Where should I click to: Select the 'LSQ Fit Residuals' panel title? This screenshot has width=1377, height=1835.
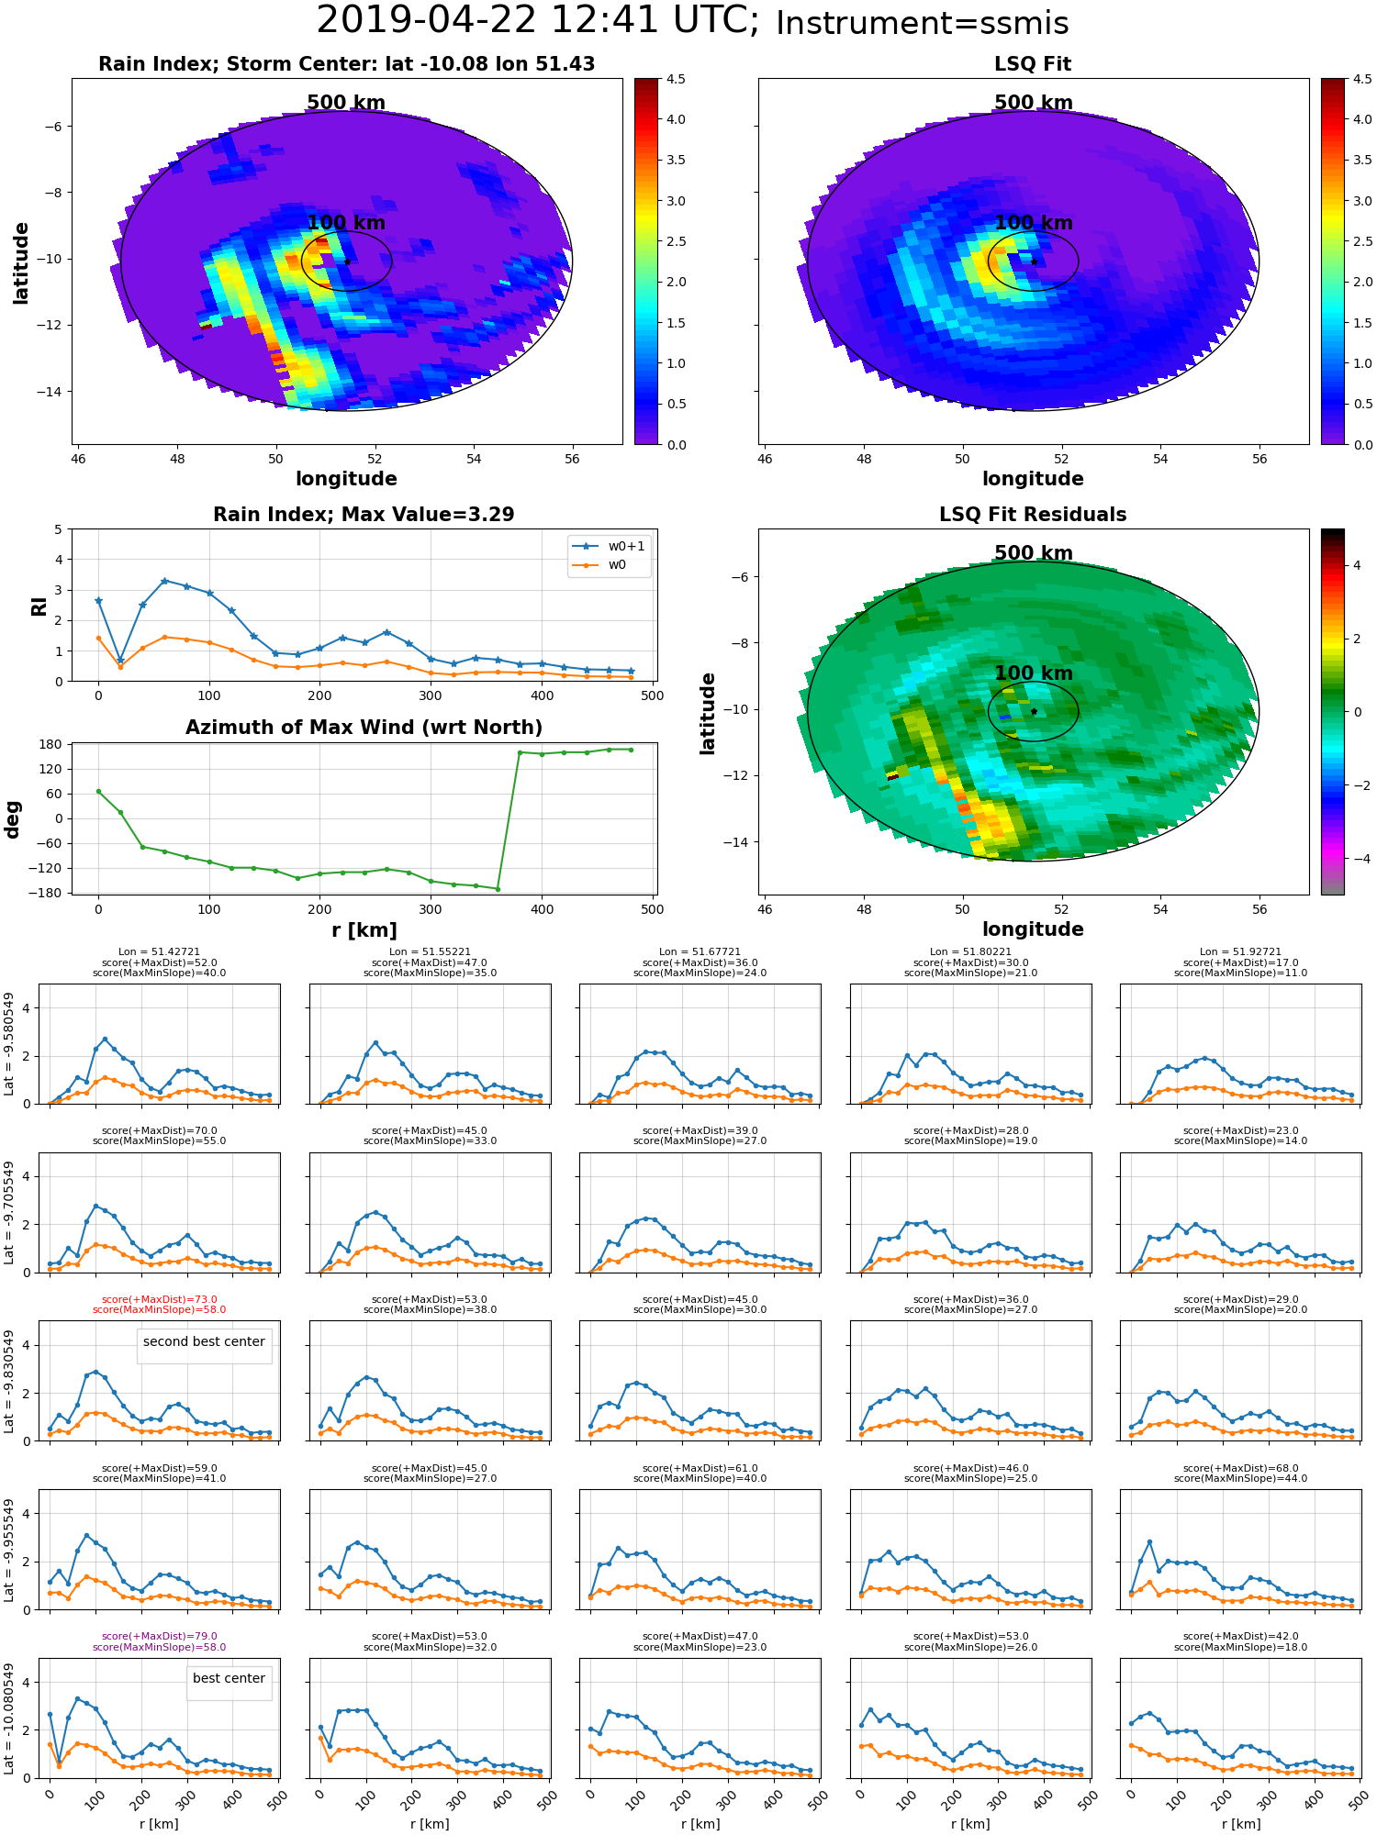coord(1033,515)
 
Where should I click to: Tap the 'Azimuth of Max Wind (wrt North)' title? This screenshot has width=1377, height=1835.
coord(364,728)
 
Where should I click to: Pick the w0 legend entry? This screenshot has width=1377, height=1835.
coord(617,565)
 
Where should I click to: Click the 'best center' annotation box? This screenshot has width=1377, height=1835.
coord(229,1678)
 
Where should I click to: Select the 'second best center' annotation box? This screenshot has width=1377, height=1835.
coord(204,1341)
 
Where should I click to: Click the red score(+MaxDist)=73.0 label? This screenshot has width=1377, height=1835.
coord(159,1299)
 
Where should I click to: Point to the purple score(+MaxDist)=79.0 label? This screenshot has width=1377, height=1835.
coord(159,1636)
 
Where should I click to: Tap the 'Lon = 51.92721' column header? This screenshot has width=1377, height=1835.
coord(1240,952)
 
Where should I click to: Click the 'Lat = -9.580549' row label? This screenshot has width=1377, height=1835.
coord(10,1044)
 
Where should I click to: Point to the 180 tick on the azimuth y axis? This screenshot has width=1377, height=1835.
coord(51,744)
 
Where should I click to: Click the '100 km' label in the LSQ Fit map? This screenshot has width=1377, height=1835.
coord(1033,223)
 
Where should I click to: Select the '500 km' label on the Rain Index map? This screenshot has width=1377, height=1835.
coord(346,103)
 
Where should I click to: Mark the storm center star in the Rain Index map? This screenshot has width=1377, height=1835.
coord(347,261)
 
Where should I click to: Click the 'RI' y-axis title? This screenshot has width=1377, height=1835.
coord(39,606)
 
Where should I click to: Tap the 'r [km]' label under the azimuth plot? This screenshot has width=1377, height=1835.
coord(364,930)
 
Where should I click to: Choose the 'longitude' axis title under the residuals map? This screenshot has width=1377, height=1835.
coord(1033,929)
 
